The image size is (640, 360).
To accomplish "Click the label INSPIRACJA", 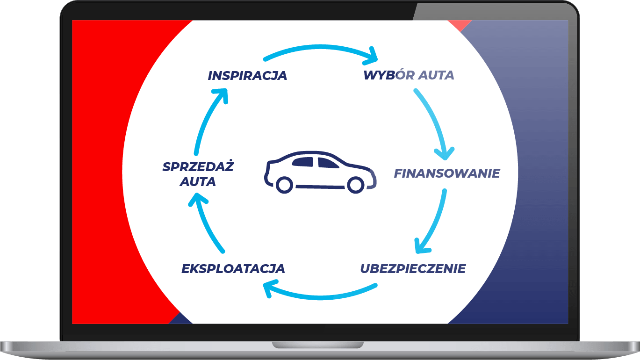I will (x=247, y=76).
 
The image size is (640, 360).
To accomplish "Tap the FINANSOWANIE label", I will (x=447, y=173).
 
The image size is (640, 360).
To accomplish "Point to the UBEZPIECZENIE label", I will (x=413, y=269).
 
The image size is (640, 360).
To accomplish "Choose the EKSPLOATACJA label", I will (x=233, y=269).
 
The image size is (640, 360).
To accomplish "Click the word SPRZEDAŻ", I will (x=198, y=167).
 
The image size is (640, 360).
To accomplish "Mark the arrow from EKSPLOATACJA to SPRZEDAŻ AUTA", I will (x=206, y=224).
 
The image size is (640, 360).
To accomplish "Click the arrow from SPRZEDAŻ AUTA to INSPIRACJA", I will (x=206, y=122).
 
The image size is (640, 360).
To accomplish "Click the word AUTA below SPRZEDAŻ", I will (x=198, y=182).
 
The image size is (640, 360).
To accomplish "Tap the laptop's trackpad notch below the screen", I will (x=318, y=345).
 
